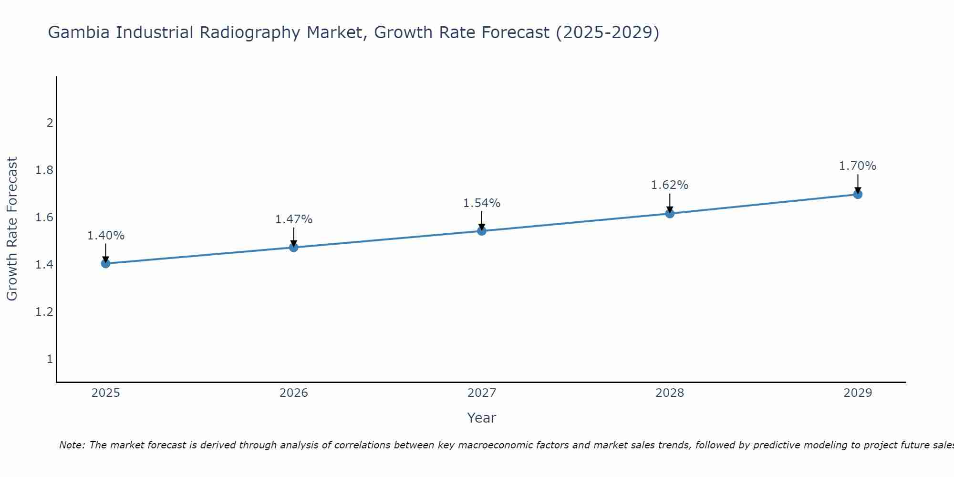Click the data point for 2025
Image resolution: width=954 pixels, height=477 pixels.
105,263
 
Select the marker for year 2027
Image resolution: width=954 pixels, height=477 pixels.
482,231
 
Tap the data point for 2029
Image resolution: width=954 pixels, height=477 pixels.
858,194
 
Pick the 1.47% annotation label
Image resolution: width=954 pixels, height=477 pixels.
293,219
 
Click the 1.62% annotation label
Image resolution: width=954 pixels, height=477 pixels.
670,185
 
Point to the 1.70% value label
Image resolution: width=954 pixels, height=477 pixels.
858,166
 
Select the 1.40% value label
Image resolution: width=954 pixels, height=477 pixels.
105,236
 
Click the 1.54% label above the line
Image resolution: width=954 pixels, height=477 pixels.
482,203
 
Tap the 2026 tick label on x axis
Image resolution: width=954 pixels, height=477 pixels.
293,393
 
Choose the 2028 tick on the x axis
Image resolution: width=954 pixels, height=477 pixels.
670,393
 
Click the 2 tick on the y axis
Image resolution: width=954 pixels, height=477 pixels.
50,123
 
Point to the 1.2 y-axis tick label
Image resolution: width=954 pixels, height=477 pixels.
44,312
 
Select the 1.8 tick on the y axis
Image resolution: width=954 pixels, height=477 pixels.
44,170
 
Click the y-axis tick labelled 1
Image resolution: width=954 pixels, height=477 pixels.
50,359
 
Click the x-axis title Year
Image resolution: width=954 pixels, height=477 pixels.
482,418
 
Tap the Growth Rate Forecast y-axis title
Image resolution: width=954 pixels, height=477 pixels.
12,229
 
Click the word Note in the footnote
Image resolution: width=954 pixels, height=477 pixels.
72,445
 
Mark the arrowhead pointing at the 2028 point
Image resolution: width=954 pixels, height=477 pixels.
670,210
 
